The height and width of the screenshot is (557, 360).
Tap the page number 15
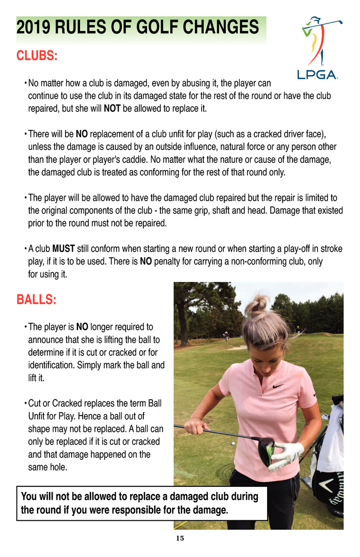click(x=180, y=538)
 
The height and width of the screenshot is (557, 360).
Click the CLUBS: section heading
click(x=37, y=56)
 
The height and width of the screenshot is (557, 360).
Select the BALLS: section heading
click(x=36, y=300)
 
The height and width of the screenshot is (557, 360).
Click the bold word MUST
click(x=64, y=249)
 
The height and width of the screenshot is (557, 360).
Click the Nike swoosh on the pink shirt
click(x=277, y=385)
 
